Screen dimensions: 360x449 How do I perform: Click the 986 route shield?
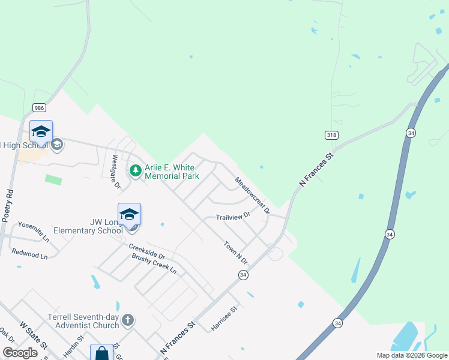pos(40,108)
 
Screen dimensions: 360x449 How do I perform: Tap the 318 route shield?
pos(331,136)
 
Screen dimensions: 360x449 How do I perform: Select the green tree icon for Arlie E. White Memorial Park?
pos(136,171)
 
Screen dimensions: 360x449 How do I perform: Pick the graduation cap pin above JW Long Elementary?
pos(129,214)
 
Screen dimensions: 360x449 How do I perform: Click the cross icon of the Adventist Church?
pos(127,320)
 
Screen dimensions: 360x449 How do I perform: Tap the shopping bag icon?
pos(101,353)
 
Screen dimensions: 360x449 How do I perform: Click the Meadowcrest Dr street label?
pos(252,196)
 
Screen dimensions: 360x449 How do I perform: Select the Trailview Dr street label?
pos(232,217)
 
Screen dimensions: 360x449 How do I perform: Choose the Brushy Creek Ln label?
pos(154,264)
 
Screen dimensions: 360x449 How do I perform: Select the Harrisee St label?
pos(224,319)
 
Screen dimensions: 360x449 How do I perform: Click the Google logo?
pos(20,353)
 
